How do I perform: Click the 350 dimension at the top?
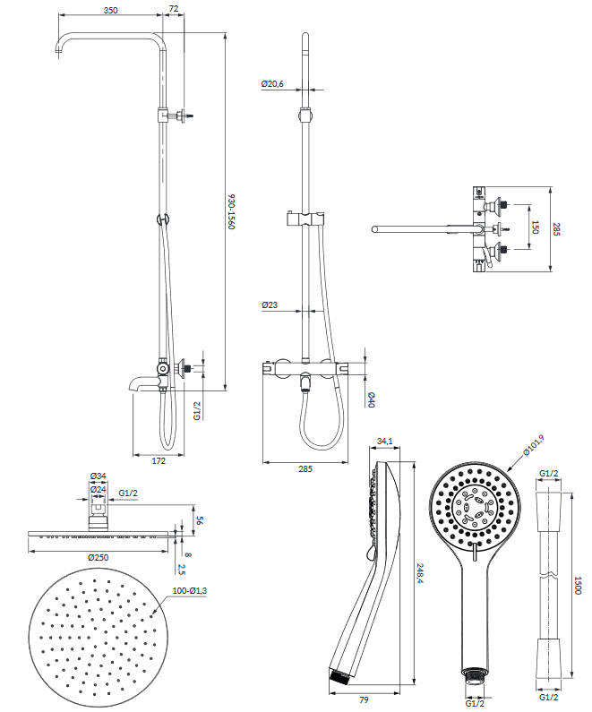click(x=110, y=10)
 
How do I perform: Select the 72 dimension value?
click(x=174, y=9)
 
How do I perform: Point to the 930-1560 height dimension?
click(x=232, y=212)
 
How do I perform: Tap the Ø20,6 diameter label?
click(x=272, y=84)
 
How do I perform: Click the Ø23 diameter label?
click(x=270, y=305)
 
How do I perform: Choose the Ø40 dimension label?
click(x=372, y=399)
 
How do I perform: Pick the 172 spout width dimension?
click(x=159, y=461)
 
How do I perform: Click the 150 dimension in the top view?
click(x=536, y=227)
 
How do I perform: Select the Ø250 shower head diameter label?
click(x=98, y=557)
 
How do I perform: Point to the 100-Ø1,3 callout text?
click(x=190, y=591)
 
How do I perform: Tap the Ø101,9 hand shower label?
click(x=534, y=445)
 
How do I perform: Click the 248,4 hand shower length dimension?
click(x=421, y=573)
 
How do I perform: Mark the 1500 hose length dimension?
click(x=578, y=586)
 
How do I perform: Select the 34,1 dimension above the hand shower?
click(x=385, y=441)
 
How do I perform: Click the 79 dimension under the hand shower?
click(x=364, y=699)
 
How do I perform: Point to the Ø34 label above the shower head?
click(x=98, y=476)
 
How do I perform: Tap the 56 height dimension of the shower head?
click(x=200, y=520)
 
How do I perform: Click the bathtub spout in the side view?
click(x=142, y=385)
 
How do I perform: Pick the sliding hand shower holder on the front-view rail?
click(x=305, y=219)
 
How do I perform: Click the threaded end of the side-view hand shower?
click(x=339, y=676)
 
